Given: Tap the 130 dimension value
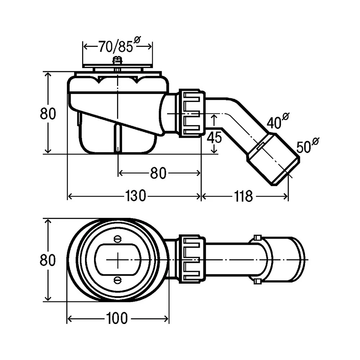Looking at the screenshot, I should pos(136,196).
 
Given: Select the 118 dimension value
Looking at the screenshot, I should pos(244,196).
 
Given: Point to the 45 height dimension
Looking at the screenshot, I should pos(215,138).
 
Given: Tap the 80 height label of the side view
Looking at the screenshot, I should pos(48,114).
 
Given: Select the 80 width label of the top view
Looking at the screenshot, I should pos(48,260).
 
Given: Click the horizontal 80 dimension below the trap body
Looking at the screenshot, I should pos(158,174).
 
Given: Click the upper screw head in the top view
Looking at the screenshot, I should pos(117,238).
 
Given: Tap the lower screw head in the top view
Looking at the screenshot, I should pos(117,280).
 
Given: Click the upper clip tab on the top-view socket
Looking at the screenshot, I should pos(257,237).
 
